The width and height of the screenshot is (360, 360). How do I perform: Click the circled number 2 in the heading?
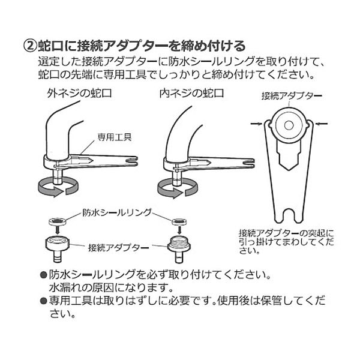click(x=30, y=46)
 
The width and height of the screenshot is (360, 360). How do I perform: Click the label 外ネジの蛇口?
click(x=79, y=94)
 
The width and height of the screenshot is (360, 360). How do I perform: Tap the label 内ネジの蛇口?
click(x=192, y=94)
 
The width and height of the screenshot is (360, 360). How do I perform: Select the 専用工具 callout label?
click(x=115, y=137)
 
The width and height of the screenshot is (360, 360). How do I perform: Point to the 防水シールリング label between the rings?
click(x=117, y=212)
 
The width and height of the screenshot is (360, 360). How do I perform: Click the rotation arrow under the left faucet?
click(x=58, y=187)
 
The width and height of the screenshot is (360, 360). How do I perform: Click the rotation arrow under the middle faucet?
click(x=178, y=188)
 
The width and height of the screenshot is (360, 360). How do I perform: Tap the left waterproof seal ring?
click(x=57, y=221)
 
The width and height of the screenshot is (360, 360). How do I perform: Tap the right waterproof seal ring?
click(x=179, y=221)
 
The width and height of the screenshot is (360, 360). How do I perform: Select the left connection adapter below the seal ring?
click(x=57, y=250)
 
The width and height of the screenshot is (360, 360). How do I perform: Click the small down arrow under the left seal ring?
click(x=57, y=231)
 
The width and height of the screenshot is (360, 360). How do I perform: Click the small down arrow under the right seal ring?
click(x=180, y=230)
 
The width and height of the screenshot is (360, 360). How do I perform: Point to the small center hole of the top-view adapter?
click(x=289, y=125)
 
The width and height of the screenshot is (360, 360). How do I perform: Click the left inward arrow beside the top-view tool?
click(x=256, y=124)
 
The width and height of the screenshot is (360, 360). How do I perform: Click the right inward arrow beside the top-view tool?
click(x=322, y=124)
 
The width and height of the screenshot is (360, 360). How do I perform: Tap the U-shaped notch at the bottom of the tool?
click(x=289, y=215)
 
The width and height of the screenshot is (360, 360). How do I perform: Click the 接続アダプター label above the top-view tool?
click(x=292, y=96)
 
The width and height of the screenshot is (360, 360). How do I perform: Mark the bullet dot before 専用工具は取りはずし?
click(x=43, y=301)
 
